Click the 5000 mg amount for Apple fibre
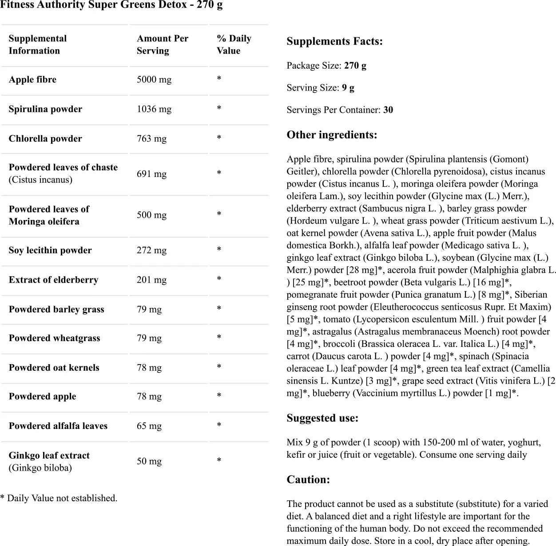154,80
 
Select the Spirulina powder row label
45,109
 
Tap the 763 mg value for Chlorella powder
151,139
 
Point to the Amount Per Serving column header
162,45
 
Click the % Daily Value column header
234,45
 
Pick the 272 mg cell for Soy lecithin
151,250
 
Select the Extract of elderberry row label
53,280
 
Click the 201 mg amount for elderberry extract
151,280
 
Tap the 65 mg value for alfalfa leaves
149,426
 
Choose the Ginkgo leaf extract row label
49,456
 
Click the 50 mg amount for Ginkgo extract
149,461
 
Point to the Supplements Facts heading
334,42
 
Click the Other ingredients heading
332,135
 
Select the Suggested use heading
322,418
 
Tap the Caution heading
308,479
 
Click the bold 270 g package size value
355,66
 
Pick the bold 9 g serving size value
348,88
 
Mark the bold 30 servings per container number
388,110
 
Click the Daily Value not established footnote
59,498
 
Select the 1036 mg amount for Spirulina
154,109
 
